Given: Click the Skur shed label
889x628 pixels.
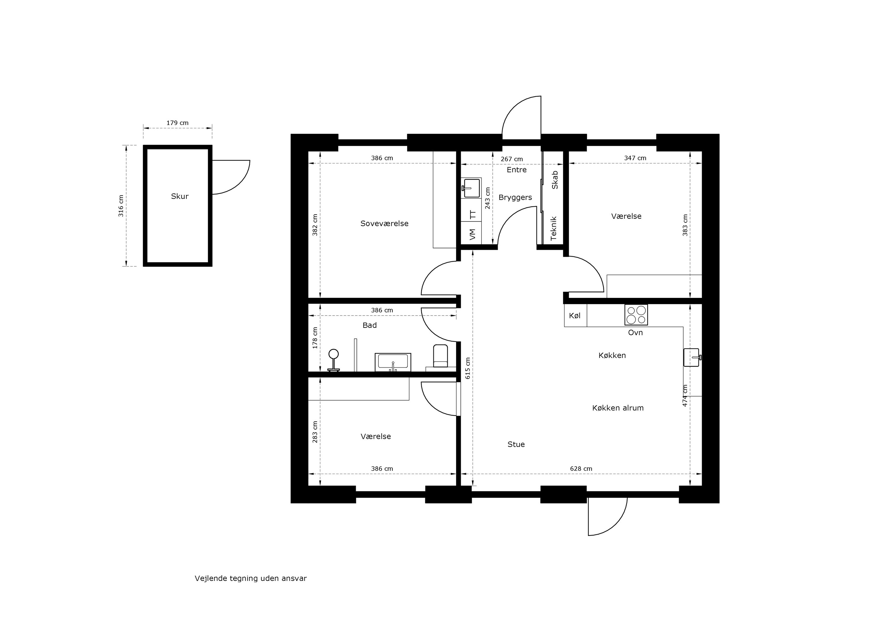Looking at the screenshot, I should pos(180,196).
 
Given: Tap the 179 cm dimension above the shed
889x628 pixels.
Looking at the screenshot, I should pos(177,123).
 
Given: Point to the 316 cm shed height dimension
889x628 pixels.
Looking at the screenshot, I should pos(121,205).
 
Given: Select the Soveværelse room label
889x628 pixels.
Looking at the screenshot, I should pos(384,224).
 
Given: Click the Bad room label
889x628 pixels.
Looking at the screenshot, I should pos(370,325).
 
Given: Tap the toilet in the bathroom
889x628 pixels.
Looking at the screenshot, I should pos(440,356).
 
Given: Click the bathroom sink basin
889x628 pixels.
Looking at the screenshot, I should pos(393,362).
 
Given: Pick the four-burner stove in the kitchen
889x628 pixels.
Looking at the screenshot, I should pos(636,314).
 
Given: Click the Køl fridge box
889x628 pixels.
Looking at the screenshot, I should pos(575,316).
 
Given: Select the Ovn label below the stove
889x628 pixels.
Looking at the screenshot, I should pos(635,333).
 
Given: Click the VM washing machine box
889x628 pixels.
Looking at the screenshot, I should pos(472,235).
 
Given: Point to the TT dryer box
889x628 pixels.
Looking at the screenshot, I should pos(472,215).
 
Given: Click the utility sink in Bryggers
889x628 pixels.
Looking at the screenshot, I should pos(471,188).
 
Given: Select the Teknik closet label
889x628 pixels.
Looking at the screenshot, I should pos(553,228).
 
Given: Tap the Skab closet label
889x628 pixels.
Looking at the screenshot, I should pos(554,180).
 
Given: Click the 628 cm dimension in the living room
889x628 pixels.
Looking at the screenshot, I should pos(581,469).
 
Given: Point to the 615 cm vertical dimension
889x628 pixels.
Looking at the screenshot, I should pos(468,368).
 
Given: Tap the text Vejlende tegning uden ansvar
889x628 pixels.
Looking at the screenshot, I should pos(250,579).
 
